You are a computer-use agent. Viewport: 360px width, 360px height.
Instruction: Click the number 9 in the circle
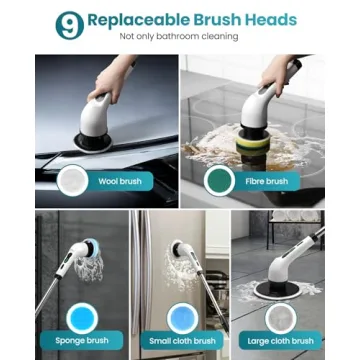[68, 25]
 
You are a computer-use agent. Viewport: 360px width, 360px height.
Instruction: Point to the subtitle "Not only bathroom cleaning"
[179, 37]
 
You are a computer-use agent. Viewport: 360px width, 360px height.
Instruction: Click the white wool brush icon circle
[73, 181]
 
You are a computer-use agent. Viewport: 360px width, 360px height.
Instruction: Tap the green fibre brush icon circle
[219, 180]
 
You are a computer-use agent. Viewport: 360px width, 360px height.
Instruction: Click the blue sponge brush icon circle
[79, 316]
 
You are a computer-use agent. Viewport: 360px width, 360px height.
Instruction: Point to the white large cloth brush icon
[281, 316]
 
